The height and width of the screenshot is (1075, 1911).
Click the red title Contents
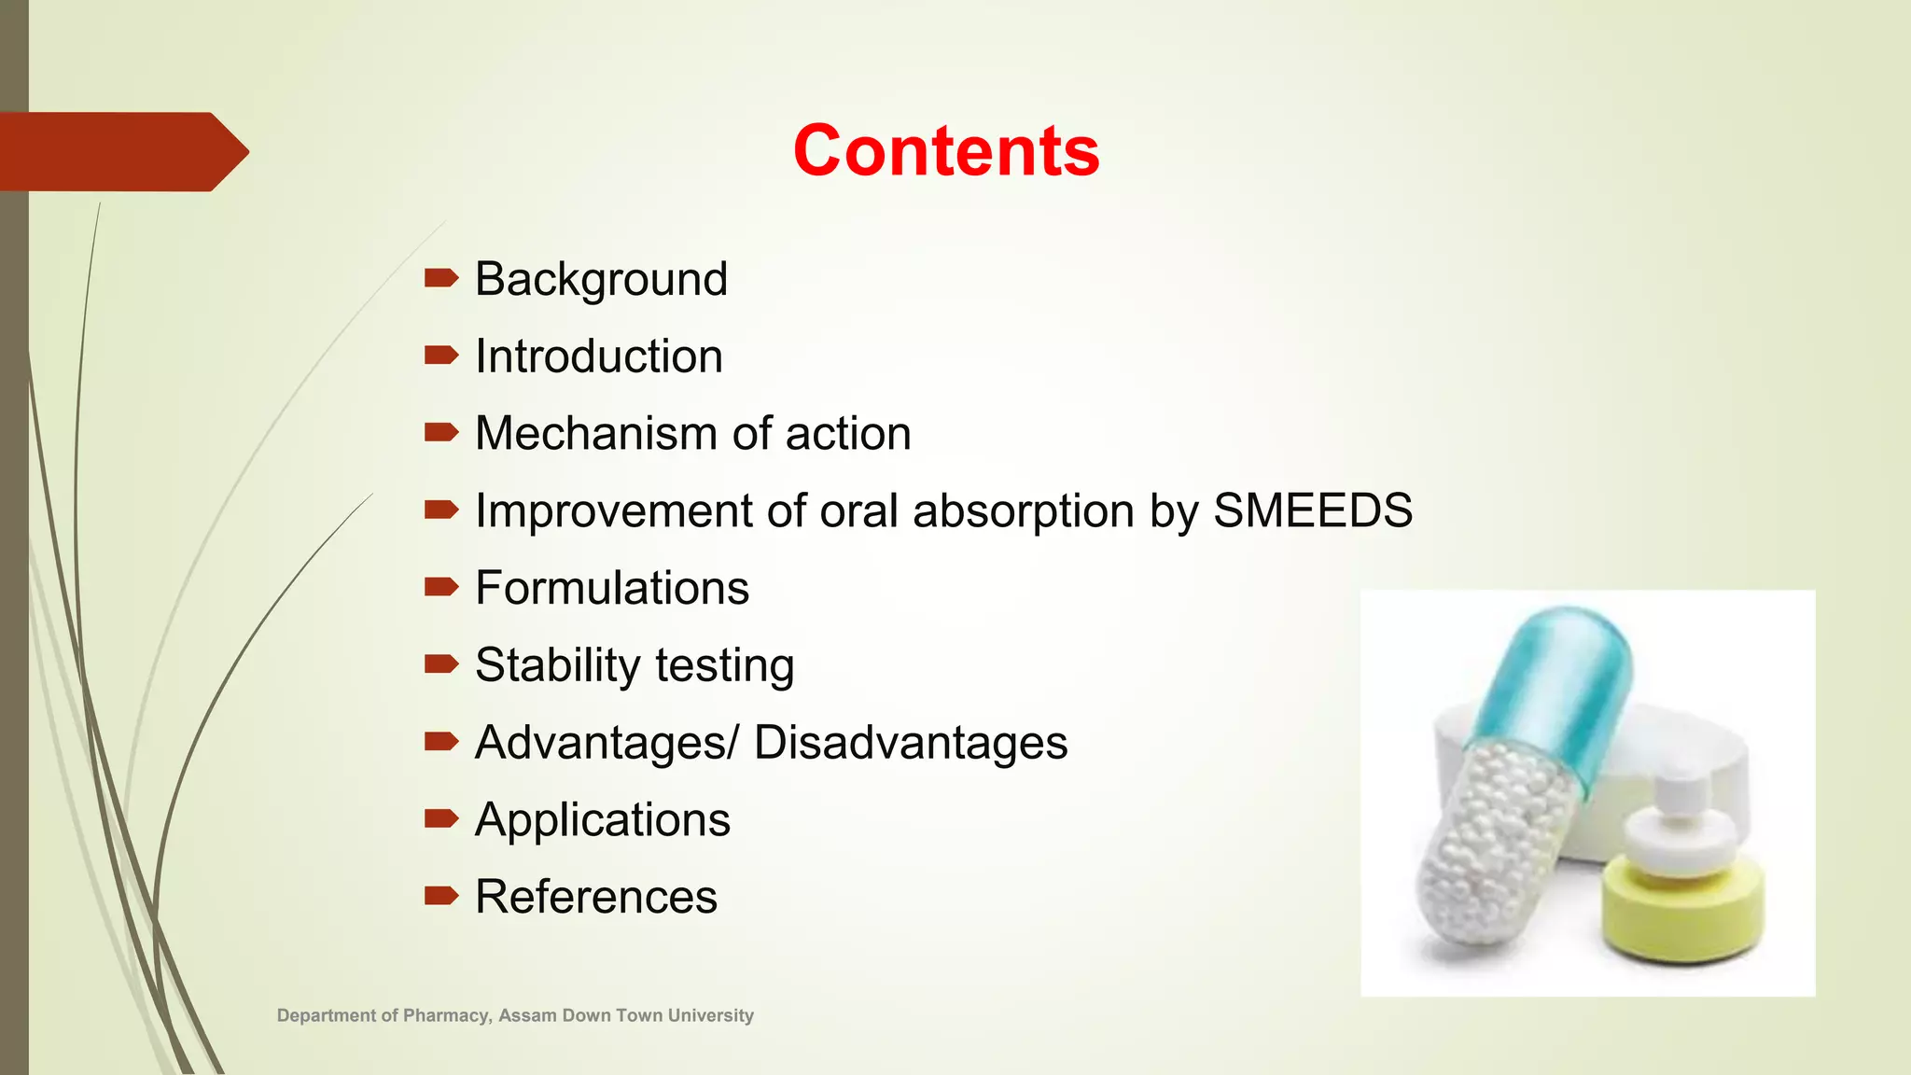click(x=945, y=151)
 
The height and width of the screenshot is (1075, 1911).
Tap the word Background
click(x=601, y=279)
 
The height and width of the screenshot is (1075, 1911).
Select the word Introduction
click(x=598, y=356)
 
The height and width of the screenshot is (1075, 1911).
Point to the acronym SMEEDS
click(x=1312, y=511)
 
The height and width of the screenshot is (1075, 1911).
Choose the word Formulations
click(x=611, y=589)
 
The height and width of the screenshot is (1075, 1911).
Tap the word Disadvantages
click(x=910, y=743)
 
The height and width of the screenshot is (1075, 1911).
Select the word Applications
click(x=602, y=820)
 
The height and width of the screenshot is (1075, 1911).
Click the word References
click(x=595, y=898)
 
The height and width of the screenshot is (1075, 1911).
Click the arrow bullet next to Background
click(x=440, y=278)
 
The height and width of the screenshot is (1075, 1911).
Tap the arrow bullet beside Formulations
click(x=440, y=587)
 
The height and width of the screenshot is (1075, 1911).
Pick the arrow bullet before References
click(x=440, y=897)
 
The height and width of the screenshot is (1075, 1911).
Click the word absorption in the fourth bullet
click(x=1023, y=511)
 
